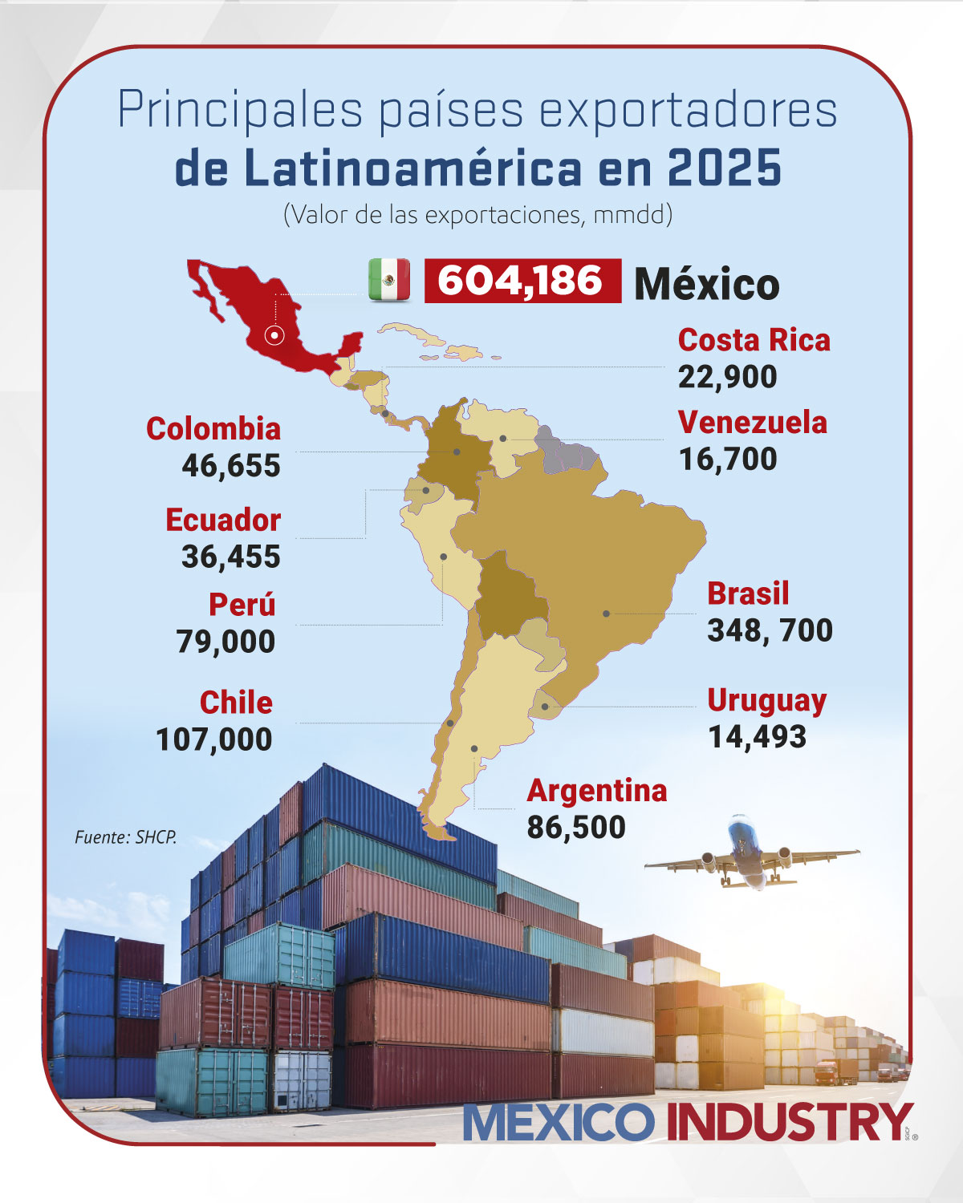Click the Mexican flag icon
click(389, 280)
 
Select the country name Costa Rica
click(754, 340)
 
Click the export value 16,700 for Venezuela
click(728, 460)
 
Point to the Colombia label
click(213, 428)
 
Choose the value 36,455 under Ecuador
click(231, 557)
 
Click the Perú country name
click(242, 604)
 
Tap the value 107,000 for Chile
click(214, 739)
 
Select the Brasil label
click(748, 593)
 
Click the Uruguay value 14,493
click(757, 737)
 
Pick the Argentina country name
click(597, 791)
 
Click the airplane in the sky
click(751, 854)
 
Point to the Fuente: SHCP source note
click(125, 837)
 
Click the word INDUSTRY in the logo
click(790, 1122)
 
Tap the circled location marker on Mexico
click(274, 336)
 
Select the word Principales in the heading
click(239, 110)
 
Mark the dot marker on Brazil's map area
click(607, 614)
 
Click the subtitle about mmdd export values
click(478, 215)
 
